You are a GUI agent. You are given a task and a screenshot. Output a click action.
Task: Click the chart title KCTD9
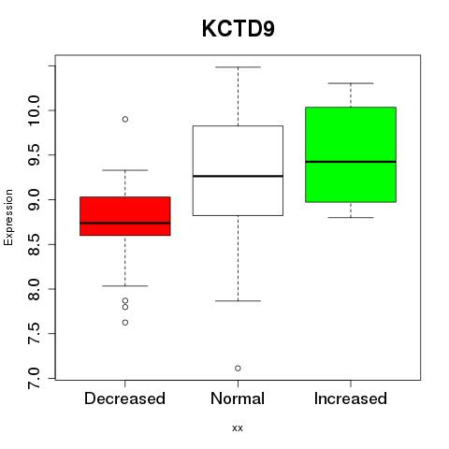click(x=239, y=29)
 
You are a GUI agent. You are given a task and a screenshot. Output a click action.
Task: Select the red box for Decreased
click(x=125, y=216)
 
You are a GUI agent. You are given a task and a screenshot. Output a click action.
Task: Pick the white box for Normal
click(x=238, y=170)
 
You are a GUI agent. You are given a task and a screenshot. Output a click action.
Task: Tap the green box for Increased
click(x=351, y=154)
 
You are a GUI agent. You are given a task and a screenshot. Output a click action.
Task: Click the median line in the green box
click(x=351, y=162)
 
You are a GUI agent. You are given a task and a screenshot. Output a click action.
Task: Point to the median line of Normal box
click(x=238, y=176)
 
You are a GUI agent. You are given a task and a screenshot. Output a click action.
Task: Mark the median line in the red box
click(x=125, y=223)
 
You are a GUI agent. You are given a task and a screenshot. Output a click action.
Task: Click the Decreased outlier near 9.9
click(x=125, y=119)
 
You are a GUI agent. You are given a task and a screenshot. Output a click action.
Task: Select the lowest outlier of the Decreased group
click(x=125, y=323)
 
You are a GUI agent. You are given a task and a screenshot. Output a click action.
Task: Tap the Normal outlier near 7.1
click(x=238, y=369)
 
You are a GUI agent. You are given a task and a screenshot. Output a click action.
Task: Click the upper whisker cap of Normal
click(x=238, y=67)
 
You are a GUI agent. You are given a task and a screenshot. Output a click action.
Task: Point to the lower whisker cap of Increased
click(x=351, y=217)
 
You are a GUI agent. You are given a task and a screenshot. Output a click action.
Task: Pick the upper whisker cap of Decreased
click(x=125, y=170)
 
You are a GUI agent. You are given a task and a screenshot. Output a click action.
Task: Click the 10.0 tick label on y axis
click(x=34, y=110)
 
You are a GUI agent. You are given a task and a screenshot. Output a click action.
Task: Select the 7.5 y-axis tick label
click(x=34, y=334)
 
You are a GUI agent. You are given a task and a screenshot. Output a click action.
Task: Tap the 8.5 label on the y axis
click(x=34, y=244)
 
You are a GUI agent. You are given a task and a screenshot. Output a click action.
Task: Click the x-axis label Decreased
click(x=124, y=398)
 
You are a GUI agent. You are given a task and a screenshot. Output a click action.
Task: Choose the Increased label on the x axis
click(x=351, y=398)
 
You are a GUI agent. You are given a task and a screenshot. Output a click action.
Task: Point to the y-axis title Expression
click(x=8, y=217)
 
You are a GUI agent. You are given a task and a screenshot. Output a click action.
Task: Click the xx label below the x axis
click(x=238, y=428)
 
